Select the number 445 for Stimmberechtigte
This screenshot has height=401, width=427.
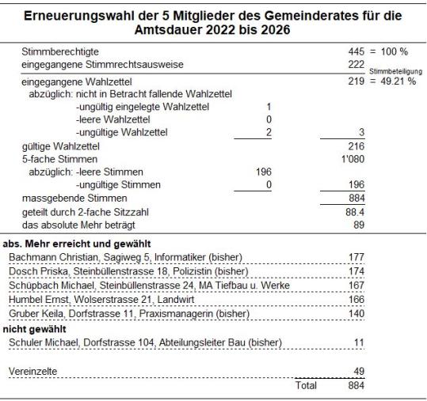coord(354,51)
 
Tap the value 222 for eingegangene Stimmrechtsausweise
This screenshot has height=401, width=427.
coord(354,63)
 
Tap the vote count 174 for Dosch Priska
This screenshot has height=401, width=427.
coord(356,270)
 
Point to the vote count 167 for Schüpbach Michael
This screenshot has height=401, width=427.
coord(356,285)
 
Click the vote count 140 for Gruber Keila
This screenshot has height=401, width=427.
coord(356,313)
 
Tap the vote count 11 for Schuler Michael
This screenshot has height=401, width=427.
coord(359,342)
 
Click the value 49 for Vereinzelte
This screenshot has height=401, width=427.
coord(357,371)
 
